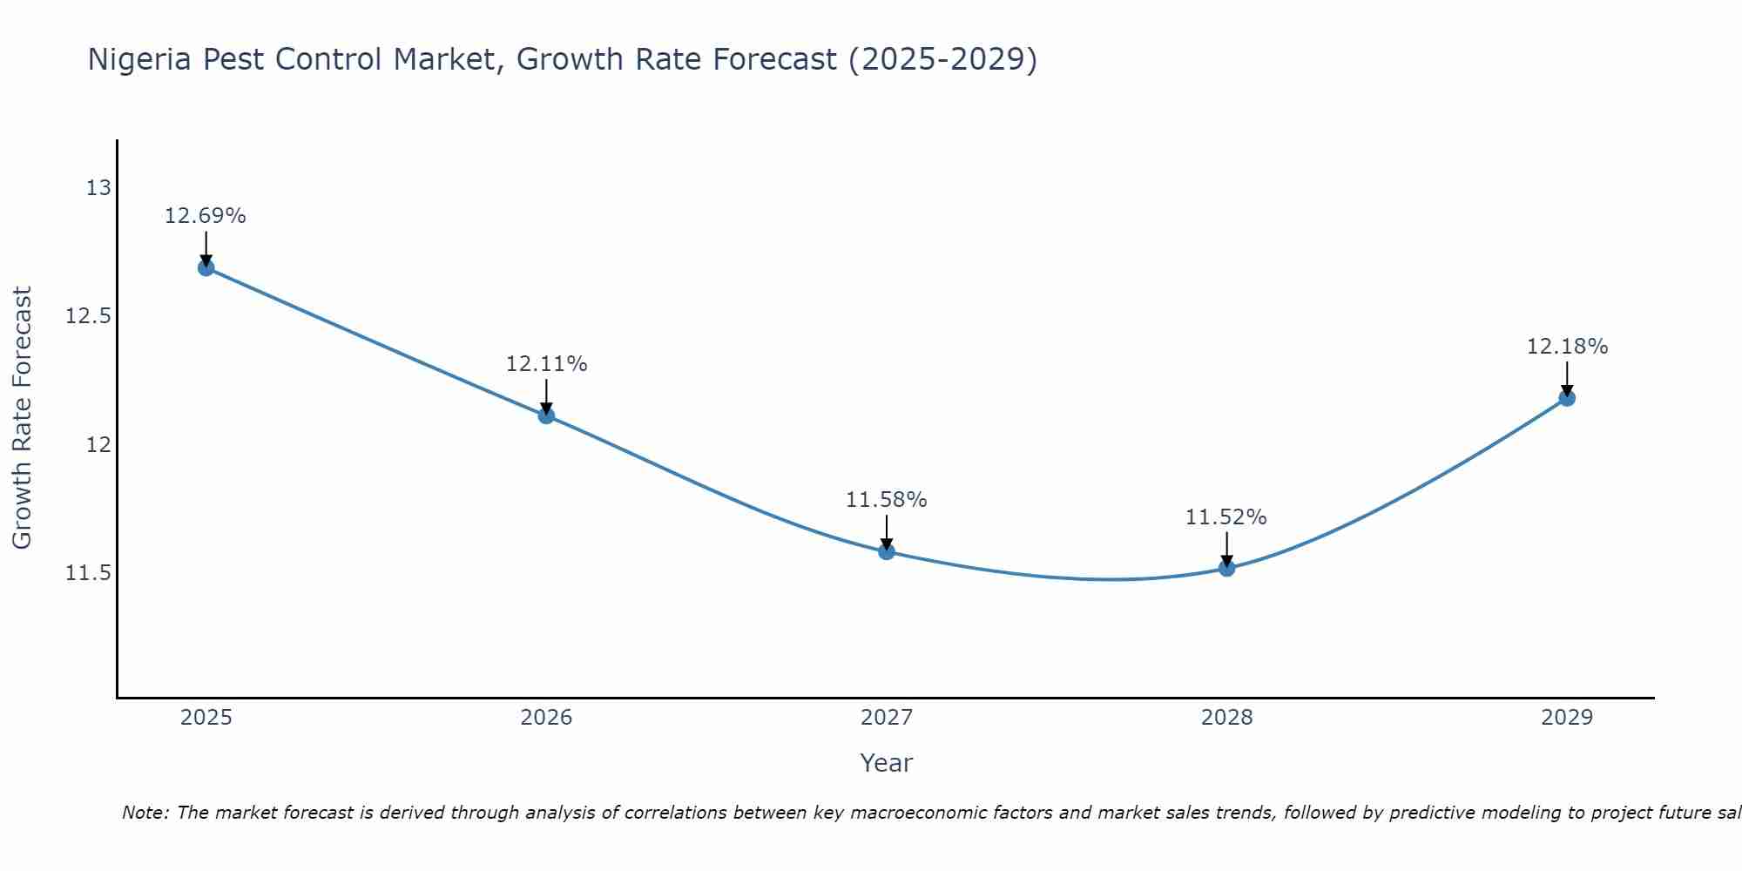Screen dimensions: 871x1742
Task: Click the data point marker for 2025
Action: (x=206, y=267)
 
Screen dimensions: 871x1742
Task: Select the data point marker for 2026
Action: (x=546, y=415)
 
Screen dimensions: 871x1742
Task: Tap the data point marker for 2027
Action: (x=887, y=551)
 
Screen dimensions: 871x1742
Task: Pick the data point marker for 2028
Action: (x=1226, y=568)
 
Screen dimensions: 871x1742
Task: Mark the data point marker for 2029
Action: (x=1567, y=398)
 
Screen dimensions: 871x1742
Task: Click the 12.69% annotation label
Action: (x=206, y=216)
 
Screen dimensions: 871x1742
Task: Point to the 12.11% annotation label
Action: (x=546, y=364)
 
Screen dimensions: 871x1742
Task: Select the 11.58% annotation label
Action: (x=887, y=500)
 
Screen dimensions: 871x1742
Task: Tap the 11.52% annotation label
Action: (x=1226, y=517)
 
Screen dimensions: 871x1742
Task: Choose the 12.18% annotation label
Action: (x=1567, y=347)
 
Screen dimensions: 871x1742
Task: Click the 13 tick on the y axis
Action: (x=99, y=187)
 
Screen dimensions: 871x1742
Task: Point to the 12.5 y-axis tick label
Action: (x=89, y=316)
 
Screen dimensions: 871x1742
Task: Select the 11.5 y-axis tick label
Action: (x=89, y=573)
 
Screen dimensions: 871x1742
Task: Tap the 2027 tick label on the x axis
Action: (x=887, y=718)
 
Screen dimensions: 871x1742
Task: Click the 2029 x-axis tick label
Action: (x=1567, y=718)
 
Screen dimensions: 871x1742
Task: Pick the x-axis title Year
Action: (x=887, y=763)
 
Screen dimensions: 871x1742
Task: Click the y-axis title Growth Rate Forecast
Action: (x=23, y=418)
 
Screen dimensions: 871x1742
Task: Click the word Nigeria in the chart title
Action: (x=139, y=60)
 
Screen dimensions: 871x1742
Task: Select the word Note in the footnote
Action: (x=145, y=813)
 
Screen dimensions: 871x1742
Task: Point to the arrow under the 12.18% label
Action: (x=1567, y=379)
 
